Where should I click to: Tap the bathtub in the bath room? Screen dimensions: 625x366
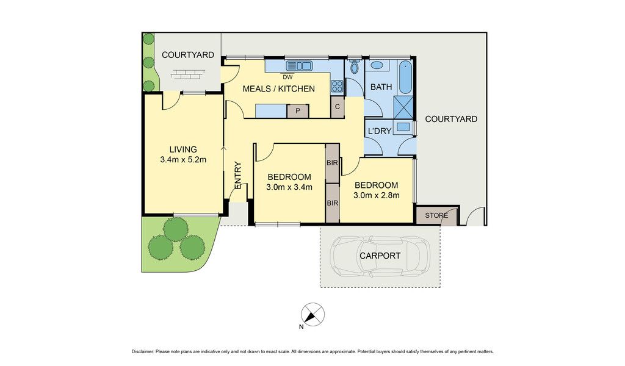coord(405,77)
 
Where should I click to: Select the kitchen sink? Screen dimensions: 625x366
coord(298,65)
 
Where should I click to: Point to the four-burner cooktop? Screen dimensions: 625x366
coord(337,86)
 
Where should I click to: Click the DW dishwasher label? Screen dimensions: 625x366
coord(287,77)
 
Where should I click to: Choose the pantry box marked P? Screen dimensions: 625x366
coord(298,111)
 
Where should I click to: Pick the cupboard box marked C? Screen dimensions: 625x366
coord(337,107)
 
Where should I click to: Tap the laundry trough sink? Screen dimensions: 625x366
coord(403,127)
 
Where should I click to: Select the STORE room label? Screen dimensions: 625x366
coord(436,215)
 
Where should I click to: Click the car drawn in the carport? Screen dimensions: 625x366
coord(380,256)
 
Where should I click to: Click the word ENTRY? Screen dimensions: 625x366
coord(238,175)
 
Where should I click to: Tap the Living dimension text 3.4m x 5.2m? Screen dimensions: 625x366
coord(183,160)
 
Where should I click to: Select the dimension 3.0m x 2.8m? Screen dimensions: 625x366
coord(376,195)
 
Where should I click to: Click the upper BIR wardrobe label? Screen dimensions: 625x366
coord(333,163)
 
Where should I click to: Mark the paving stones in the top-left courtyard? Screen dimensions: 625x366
coord(188,74)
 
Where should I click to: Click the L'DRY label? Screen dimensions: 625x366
coord(380,131)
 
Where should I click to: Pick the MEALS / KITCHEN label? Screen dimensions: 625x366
coord(278,89)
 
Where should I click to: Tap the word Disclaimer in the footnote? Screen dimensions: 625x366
coord(142,351)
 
